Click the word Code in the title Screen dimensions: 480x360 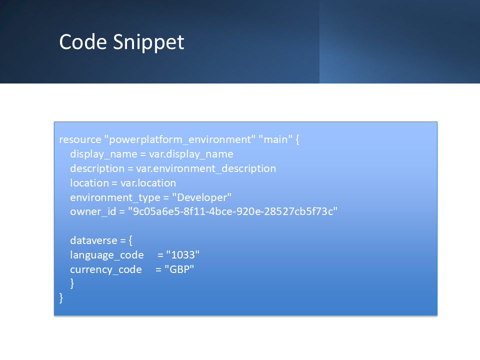pos(83,41)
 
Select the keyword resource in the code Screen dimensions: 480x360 pos(80,139)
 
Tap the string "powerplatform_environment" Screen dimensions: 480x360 pos(179,139)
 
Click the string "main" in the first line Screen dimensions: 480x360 pos(275,139)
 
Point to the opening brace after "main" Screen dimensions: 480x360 pos(297,139)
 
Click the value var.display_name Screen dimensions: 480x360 pos(191,154)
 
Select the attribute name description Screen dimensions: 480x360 pos(97,168)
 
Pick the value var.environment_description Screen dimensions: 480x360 pos(206,168)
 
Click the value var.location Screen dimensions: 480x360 pos(148,183)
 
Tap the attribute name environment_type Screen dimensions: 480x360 pos(115,197)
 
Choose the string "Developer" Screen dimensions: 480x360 pos(201,197)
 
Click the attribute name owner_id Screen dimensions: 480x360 pos(93,211)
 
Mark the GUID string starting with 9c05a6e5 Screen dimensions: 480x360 pos(232,211)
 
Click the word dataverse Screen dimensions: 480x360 pos(93,240)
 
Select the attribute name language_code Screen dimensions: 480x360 pos(107,255)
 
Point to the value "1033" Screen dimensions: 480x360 pos(183,254)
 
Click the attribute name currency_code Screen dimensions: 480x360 pos(106,269)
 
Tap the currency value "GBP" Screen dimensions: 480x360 pos(179,269)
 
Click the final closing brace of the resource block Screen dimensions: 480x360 pos(61,298)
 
